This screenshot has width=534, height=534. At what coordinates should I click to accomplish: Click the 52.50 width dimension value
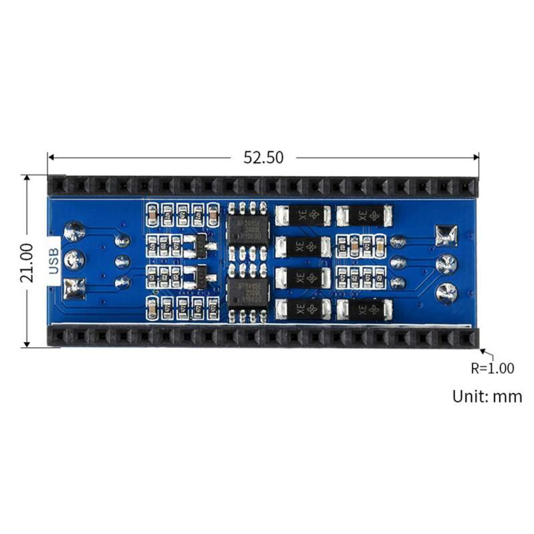click(x=264, y=157)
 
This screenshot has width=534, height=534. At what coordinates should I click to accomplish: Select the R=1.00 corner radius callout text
click(x=492, y=368)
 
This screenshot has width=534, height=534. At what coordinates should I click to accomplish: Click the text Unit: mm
click(x=487, y=396)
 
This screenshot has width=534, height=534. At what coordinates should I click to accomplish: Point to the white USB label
click(x=53, y=262)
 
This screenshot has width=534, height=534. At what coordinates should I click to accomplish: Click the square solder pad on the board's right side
click(x=446, y=235)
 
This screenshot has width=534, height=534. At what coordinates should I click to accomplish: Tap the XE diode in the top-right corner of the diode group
click(x=366, y=216)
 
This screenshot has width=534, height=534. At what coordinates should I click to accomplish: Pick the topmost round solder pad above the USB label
click(x=74, y=232)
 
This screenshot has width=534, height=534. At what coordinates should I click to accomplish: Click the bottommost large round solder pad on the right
click(x=447, y=292)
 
